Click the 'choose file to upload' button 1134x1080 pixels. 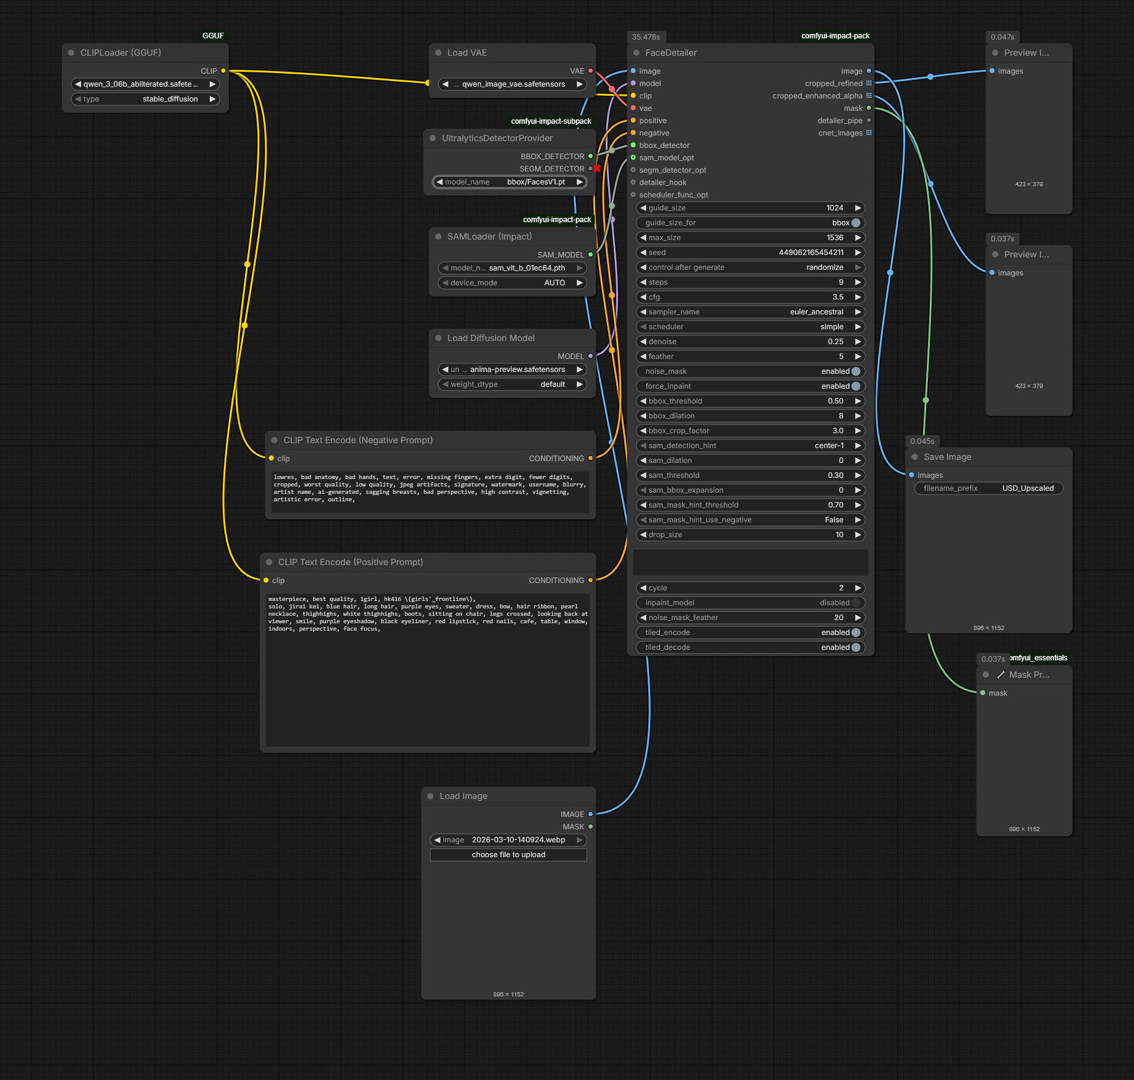click(509, 855)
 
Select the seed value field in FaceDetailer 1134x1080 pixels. click(750, 253)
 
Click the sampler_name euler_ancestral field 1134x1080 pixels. click(750, 312)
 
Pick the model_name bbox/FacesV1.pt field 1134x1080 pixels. click(509, 182)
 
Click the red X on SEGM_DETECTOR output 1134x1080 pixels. click(596, 168)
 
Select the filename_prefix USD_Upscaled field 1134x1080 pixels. click(989, 488)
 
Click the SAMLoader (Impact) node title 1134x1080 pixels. click(489, 236)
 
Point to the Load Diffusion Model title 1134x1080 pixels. click(491, 338)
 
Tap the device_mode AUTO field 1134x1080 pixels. click(512, 283)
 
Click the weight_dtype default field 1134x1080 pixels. click(512, 384)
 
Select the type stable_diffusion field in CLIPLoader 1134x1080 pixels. click(145, 99)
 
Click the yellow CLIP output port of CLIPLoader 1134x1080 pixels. click(223, 71)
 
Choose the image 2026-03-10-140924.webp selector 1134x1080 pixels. click(509, 840)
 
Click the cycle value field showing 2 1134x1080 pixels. click(750, 588)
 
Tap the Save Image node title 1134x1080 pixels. click(947, 457)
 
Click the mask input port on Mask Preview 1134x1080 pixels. click(982, 693)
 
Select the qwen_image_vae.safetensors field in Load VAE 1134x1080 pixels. click(512, 84)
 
